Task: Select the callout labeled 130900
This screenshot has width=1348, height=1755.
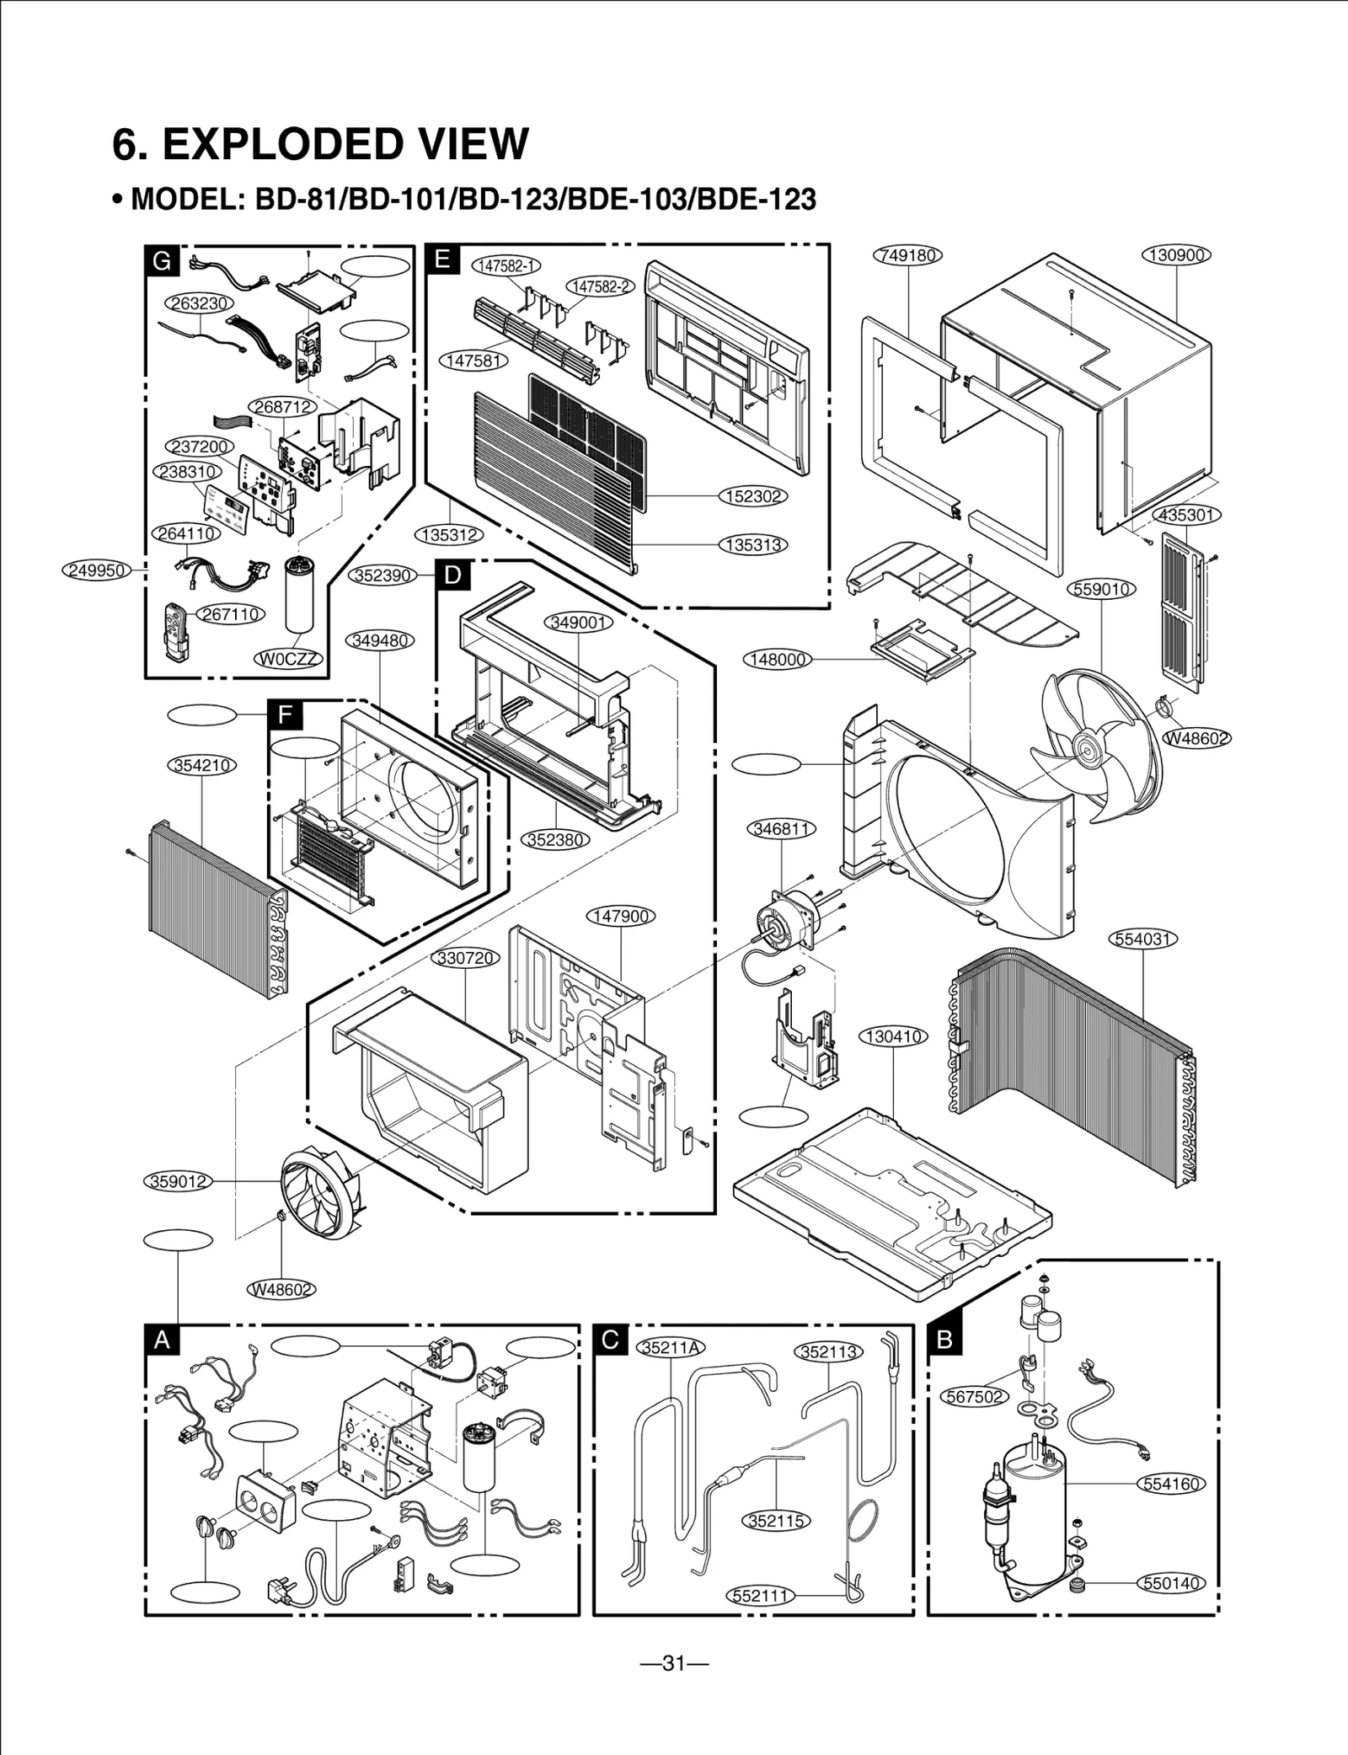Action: click(x=1176, y=254)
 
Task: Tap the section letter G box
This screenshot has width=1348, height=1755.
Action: click(x=162, y=260)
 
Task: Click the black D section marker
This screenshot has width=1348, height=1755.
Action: click(x=453, y=575)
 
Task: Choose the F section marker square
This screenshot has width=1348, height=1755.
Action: click(x=285, y=715)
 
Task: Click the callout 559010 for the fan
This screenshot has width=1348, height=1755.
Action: click(x=1102, y=589)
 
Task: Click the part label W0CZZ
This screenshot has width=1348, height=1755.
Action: click(x=289, y=659)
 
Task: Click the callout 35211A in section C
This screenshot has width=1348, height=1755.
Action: click(x=671, y=1346)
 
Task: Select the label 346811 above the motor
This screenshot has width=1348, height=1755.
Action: click(x=782, y=829)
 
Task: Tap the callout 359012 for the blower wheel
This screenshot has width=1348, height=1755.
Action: click(x=178, y=1181)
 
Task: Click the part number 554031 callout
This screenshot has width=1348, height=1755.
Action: click(x=1143, y=938)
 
